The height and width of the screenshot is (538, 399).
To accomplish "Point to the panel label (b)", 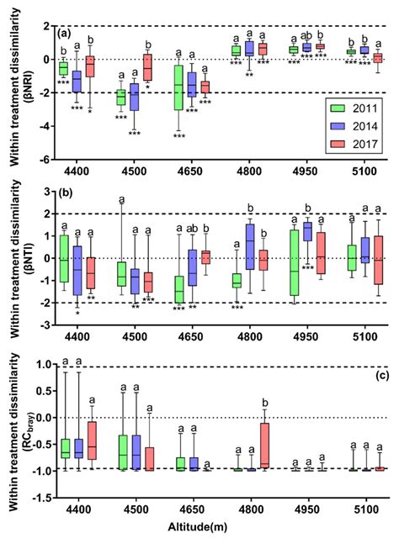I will (65, 188).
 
